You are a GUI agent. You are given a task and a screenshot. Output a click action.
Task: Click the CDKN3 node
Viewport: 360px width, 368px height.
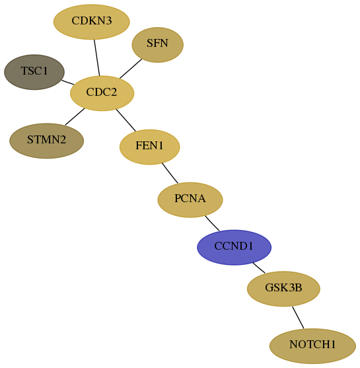tap(92, 22)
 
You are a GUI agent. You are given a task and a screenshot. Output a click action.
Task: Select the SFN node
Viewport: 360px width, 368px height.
tap(157, 45)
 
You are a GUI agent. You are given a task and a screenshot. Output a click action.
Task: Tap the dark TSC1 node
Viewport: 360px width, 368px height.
tap(34, 72)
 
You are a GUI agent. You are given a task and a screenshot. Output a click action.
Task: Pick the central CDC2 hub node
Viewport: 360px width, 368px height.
tap(102, 93)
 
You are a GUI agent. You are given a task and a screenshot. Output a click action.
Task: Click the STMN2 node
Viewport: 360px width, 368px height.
tap(46, 141)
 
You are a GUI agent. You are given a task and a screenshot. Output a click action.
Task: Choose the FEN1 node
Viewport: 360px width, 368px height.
tap(150, 147)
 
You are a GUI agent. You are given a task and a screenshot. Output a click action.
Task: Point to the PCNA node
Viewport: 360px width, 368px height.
tap(190, 200)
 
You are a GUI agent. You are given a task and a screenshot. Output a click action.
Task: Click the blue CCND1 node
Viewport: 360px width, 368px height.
tap(234, 247)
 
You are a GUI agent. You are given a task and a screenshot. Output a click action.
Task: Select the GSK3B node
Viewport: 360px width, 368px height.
tap(283, 289)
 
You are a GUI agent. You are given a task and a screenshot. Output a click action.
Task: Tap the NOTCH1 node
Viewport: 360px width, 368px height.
tap(312, 346)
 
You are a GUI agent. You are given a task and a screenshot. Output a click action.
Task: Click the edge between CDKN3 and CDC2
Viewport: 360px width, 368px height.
tap(97, 57)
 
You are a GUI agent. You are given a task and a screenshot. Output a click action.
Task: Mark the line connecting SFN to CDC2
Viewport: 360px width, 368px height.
tap(131, 69)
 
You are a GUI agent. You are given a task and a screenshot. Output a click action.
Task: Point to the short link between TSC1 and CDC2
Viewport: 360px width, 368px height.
tap(67, 82)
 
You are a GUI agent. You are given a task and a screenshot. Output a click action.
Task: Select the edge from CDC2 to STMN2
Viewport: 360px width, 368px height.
tap(75, 116)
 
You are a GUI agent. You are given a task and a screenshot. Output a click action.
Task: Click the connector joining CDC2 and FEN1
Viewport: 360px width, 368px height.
tap(126, 120)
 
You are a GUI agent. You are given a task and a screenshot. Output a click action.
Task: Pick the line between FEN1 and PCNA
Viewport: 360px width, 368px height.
tap(170, 173)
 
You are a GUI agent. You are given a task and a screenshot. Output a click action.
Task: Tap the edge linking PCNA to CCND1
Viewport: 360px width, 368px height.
tap(212, 223)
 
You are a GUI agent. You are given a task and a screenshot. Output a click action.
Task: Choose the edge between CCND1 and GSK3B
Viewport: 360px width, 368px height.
tap(259, 268)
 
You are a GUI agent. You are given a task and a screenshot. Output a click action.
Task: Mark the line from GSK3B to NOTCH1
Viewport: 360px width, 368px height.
tap(298, 318)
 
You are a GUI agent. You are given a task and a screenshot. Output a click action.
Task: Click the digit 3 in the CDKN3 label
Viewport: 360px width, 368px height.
tap(108, 20)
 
